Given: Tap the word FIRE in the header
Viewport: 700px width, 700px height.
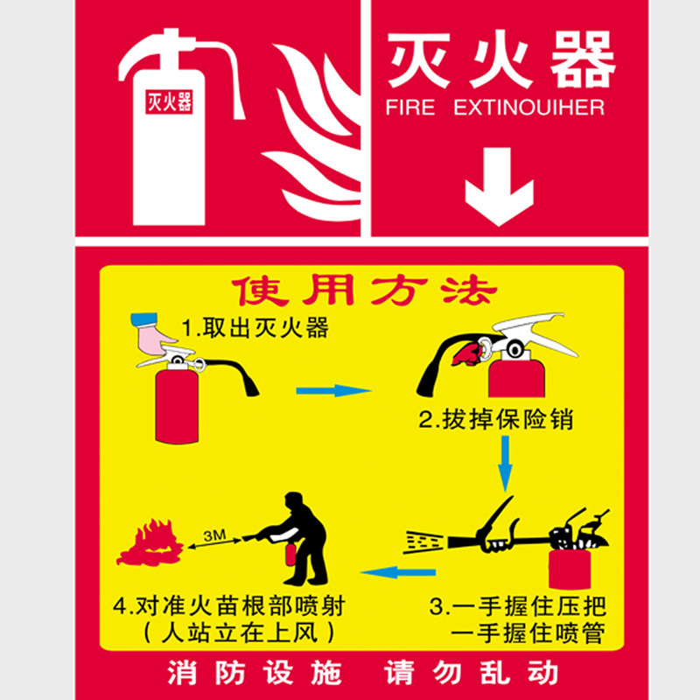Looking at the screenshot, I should (x=410, y=108).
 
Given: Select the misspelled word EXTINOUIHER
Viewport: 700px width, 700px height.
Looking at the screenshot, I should (x=529, y=108).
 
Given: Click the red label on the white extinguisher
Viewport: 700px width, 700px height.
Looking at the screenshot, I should (x=168, y=102).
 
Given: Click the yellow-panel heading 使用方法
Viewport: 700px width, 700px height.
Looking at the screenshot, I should (x=362, y=291).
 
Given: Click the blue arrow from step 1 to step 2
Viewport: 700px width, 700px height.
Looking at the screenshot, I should (x=333, y=390).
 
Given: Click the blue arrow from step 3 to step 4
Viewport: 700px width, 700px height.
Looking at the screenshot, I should (x=398, y=573).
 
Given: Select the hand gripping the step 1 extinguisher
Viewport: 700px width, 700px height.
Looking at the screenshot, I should (x=156, y=335).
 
